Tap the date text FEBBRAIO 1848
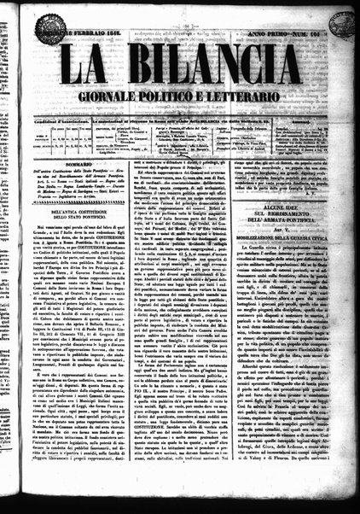[x=107, y=32]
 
